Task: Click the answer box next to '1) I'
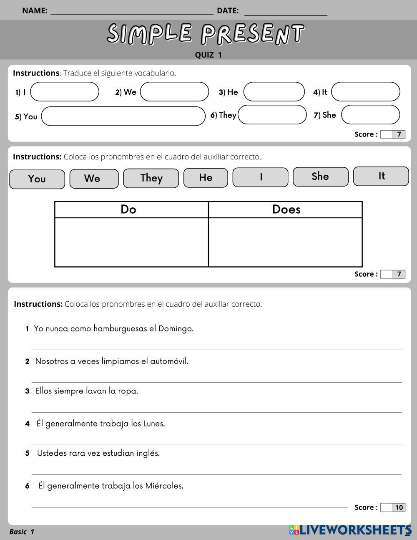65,92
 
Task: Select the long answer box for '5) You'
123,116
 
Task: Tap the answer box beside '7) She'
370,115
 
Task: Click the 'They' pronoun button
151,178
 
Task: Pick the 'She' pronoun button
320,177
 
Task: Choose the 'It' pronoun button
381,176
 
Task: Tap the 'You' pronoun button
37,179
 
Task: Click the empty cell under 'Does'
285,242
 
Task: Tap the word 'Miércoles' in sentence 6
164,486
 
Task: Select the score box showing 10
399,507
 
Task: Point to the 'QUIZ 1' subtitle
208,55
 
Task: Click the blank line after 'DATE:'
286,11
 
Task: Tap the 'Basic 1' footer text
22,532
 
